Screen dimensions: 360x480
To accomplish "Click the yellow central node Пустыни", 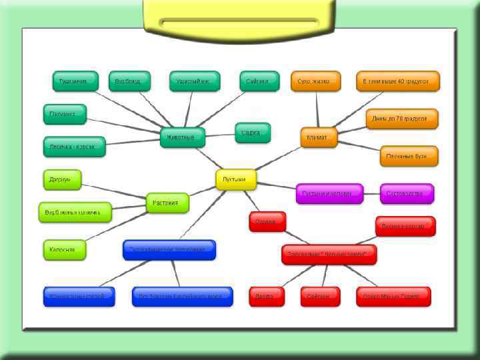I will [x=235, y=179].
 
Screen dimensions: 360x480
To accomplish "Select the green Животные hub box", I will [x=182, y=137].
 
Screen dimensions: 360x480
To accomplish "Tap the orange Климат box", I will [x=319, y=137].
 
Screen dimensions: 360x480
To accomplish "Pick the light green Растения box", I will [x=167, y=203].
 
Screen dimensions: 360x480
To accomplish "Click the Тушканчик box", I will [x=75, y=81].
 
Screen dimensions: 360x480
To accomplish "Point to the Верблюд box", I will [x=129, y=81].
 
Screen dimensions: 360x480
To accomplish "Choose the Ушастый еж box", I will [x=194, y=81].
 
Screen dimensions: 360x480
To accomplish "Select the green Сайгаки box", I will [x=259, y=81].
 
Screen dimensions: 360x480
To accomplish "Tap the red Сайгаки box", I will [x=319, y=297].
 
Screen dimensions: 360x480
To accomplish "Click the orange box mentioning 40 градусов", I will [x=397, y=81].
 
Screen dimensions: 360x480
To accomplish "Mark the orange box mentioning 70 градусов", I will [x=402, y=119].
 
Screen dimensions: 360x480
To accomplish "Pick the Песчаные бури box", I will [x=409, y=156].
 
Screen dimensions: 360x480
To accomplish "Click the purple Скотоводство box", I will [x=407, y=193].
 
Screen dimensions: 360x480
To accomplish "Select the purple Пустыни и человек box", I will [x=329, y=193].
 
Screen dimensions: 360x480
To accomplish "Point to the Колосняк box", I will [x=65, y=249].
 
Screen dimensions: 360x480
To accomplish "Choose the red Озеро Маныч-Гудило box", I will [x=393, y=297].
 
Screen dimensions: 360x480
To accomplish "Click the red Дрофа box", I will [x=267, y=297].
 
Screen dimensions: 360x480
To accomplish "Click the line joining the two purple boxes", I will [x=372, y=193].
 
